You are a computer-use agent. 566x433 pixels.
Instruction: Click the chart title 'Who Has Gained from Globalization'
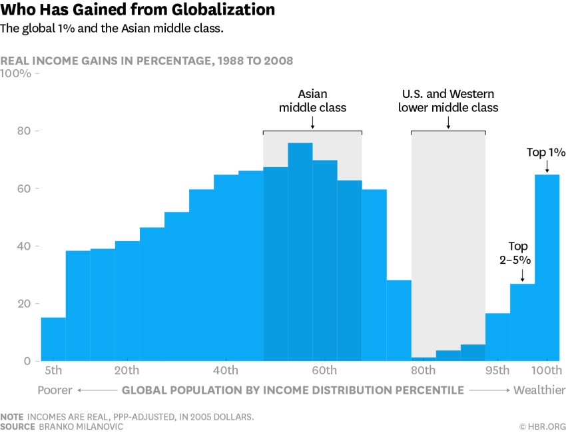click(138, 10)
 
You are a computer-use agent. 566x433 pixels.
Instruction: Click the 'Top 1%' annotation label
click(545, 153)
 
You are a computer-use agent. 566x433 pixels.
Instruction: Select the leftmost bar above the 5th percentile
click(53, 339)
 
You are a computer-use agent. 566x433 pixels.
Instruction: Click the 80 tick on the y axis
click(23, 131)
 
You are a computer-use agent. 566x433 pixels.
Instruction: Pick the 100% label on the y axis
click(16, 73)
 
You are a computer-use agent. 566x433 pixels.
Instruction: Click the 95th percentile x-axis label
click(497, 370)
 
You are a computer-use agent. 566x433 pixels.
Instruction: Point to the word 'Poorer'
click(55, 390)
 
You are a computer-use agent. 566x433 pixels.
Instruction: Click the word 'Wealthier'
click(539, 390)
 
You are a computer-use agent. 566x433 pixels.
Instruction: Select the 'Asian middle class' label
click(312, 101)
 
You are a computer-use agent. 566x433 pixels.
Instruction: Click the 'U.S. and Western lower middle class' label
click(448, 101)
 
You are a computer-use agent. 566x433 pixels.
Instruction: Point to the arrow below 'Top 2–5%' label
click(523, 275)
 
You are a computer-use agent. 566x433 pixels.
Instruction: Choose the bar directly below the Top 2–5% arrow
click(523, 322)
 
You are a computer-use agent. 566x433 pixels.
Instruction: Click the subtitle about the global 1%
click(121, 29)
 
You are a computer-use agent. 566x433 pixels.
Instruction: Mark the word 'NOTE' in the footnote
click(12, 416)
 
